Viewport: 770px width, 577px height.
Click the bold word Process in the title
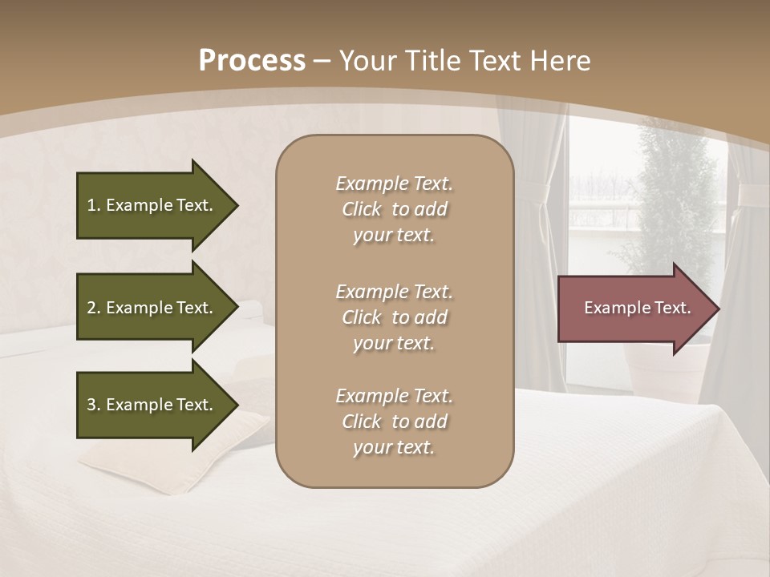point(252,61)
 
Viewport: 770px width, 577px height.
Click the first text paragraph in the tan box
point(394,209)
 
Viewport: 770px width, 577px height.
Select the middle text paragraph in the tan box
point(394,317)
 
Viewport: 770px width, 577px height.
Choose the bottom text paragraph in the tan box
point(394,422)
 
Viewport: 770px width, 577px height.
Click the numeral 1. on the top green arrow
point(94,205)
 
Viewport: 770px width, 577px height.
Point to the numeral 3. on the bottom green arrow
point(94,405)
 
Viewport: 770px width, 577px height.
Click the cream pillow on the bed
point(176,465)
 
